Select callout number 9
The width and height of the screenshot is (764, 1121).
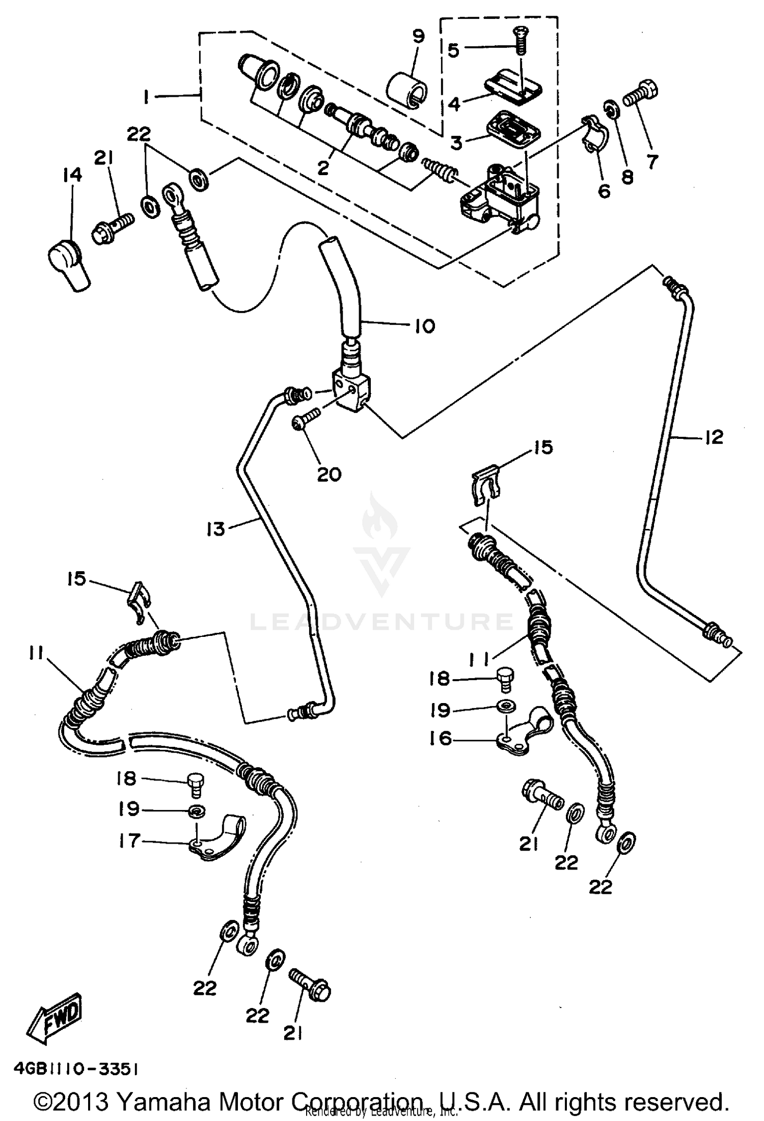(x=418, y=37)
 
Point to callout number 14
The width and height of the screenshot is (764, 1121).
(x=72, y=175)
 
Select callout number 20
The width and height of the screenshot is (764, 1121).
(x=329, y=474)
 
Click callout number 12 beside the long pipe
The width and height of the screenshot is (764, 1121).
(x=714, y=436)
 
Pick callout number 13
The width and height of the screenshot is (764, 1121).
(x=216, y=529)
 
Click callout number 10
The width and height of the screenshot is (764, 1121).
(x=424, y=326)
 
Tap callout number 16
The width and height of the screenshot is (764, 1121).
(x=440, y=738)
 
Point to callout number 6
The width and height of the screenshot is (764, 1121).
(x=604, y=191)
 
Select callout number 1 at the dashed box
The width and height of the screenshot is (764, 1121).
(x=146, y=97)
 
